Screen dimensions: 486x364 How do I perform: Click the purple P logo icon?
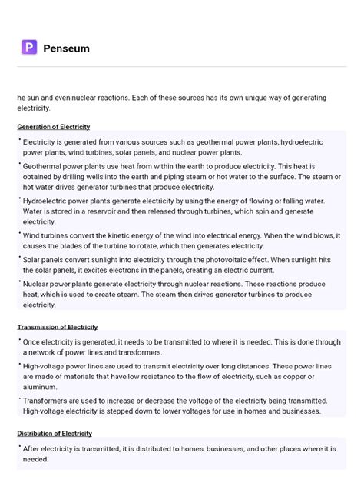tap(28, 48)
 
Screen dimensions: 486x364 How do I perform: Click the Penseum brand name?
tap(66, 48)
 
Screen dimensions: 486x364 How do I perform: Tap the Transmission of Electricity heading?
tap(57, 327)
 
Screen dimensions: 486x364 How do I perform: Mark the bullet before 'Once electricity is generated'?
tap(19, 338)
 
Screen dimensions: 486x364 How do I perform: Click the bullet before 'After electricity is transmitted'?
tap(19, 445)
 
